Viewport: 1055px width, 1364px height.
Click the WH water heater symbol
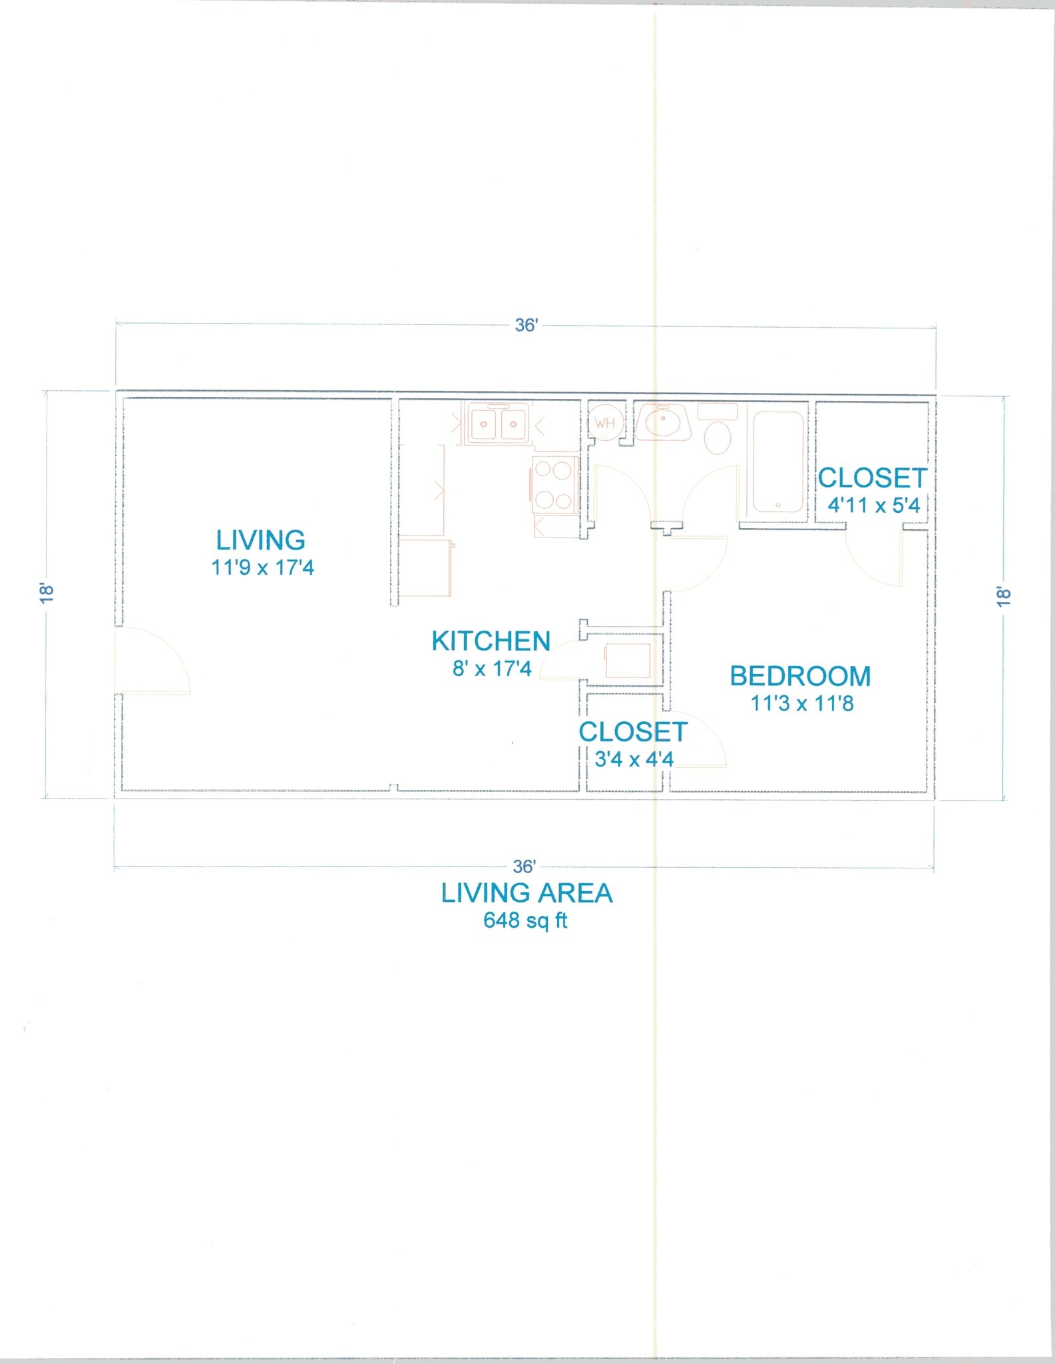[x=605, y=424]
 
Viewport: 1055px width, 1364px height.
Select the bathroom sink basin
[x=662, y=424]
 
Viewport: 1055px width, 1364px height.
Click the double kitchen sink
[x=498, y=424]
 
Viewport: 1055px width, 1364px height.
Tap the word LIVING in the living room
[x=261, y=540]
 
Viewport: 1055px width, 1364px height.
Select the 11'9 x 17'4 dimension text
[x=262, y=568]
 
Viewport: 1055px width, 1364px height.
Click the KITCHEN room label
[x=491, y=641]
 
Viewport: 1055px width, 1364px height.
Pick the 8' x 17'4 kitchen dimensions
[x=492, y=669]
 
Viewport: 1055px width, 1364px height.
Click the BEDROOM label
[x=800, y=677]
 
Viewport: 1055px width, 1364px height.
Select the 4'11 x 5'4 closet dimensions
[x=873, y=506]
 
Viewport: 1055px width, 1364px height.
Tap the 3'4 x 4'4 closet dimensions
[x=634, y=759]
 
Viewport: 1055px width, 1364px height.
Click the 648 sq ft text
[x=525, y=920]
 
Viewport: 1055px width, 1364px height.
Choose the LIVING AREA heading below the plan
[x=527, y=893]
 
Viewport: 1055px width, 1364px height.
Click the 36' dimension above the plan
[x=526, y=326]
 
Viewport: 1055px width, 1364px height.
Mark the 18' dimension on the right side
[x=1004, y=596]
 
